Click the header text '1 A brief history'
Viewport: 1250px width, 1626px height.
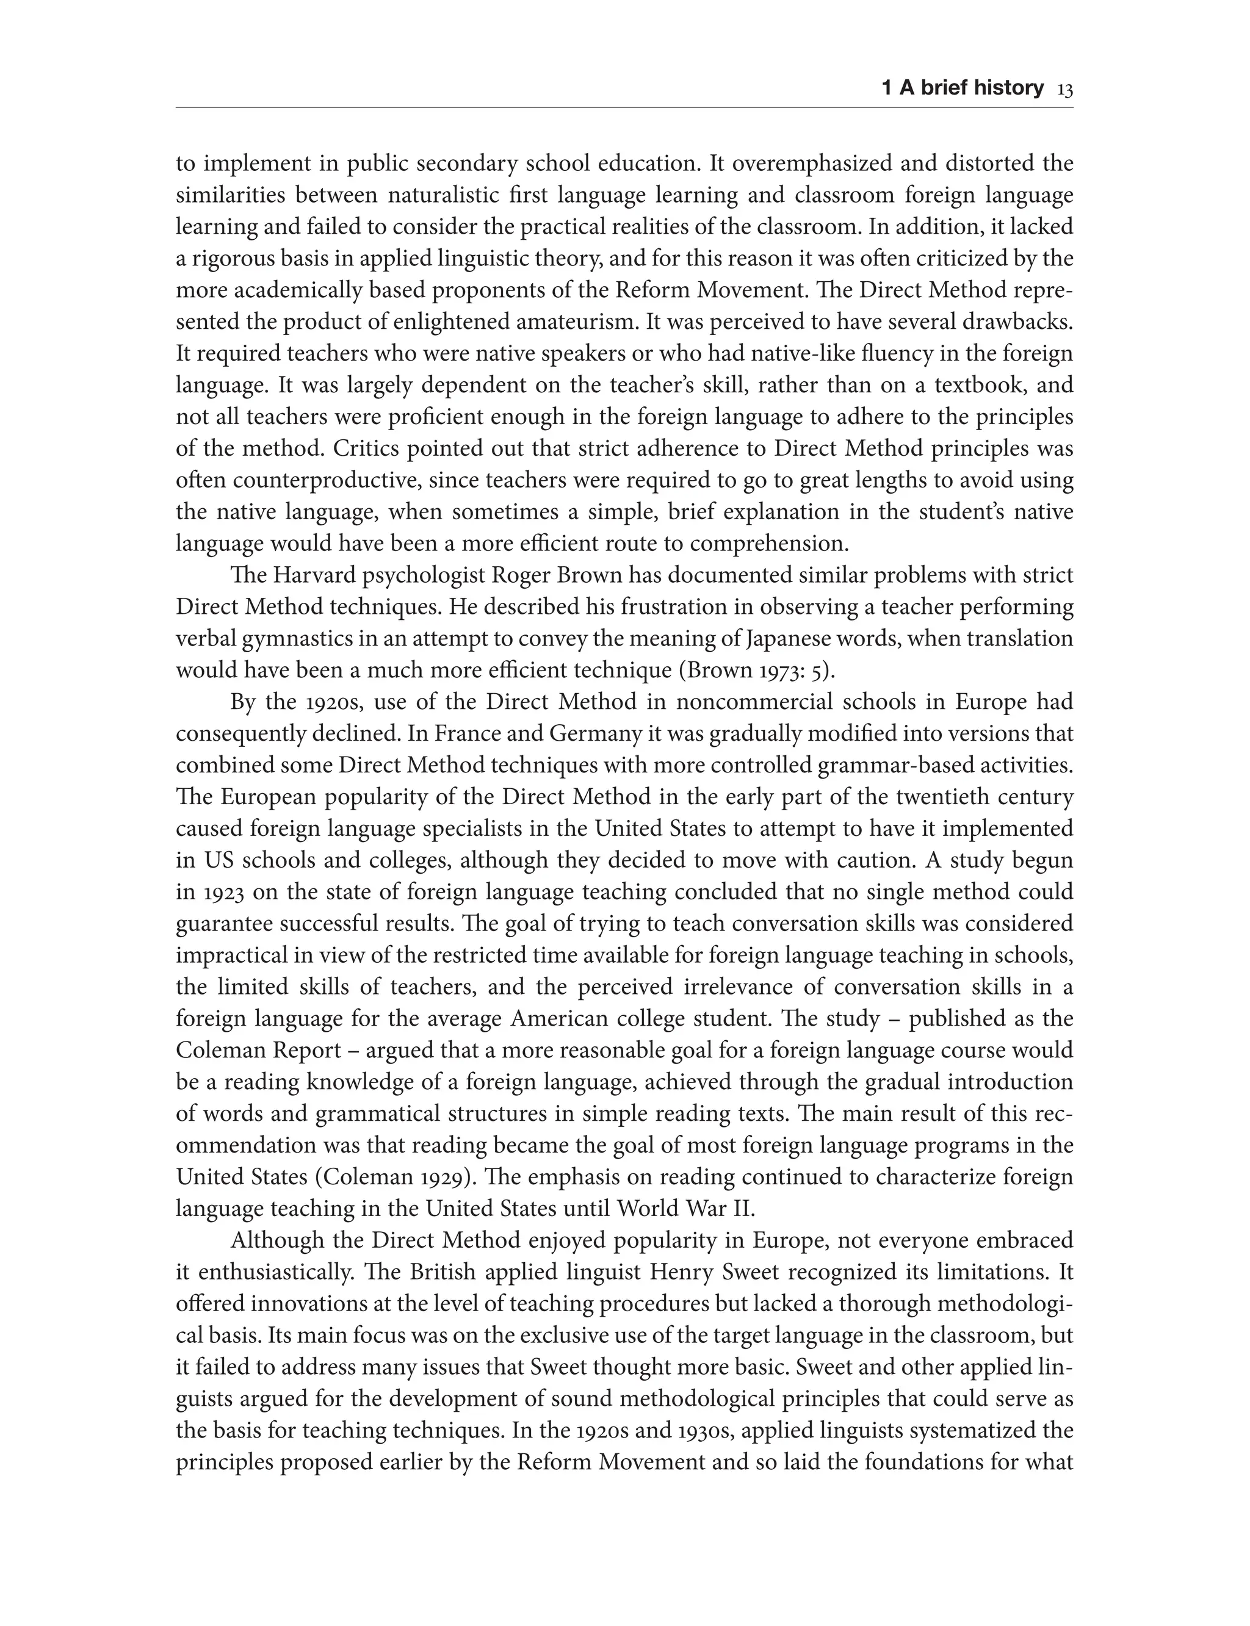tap(962, 88)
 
